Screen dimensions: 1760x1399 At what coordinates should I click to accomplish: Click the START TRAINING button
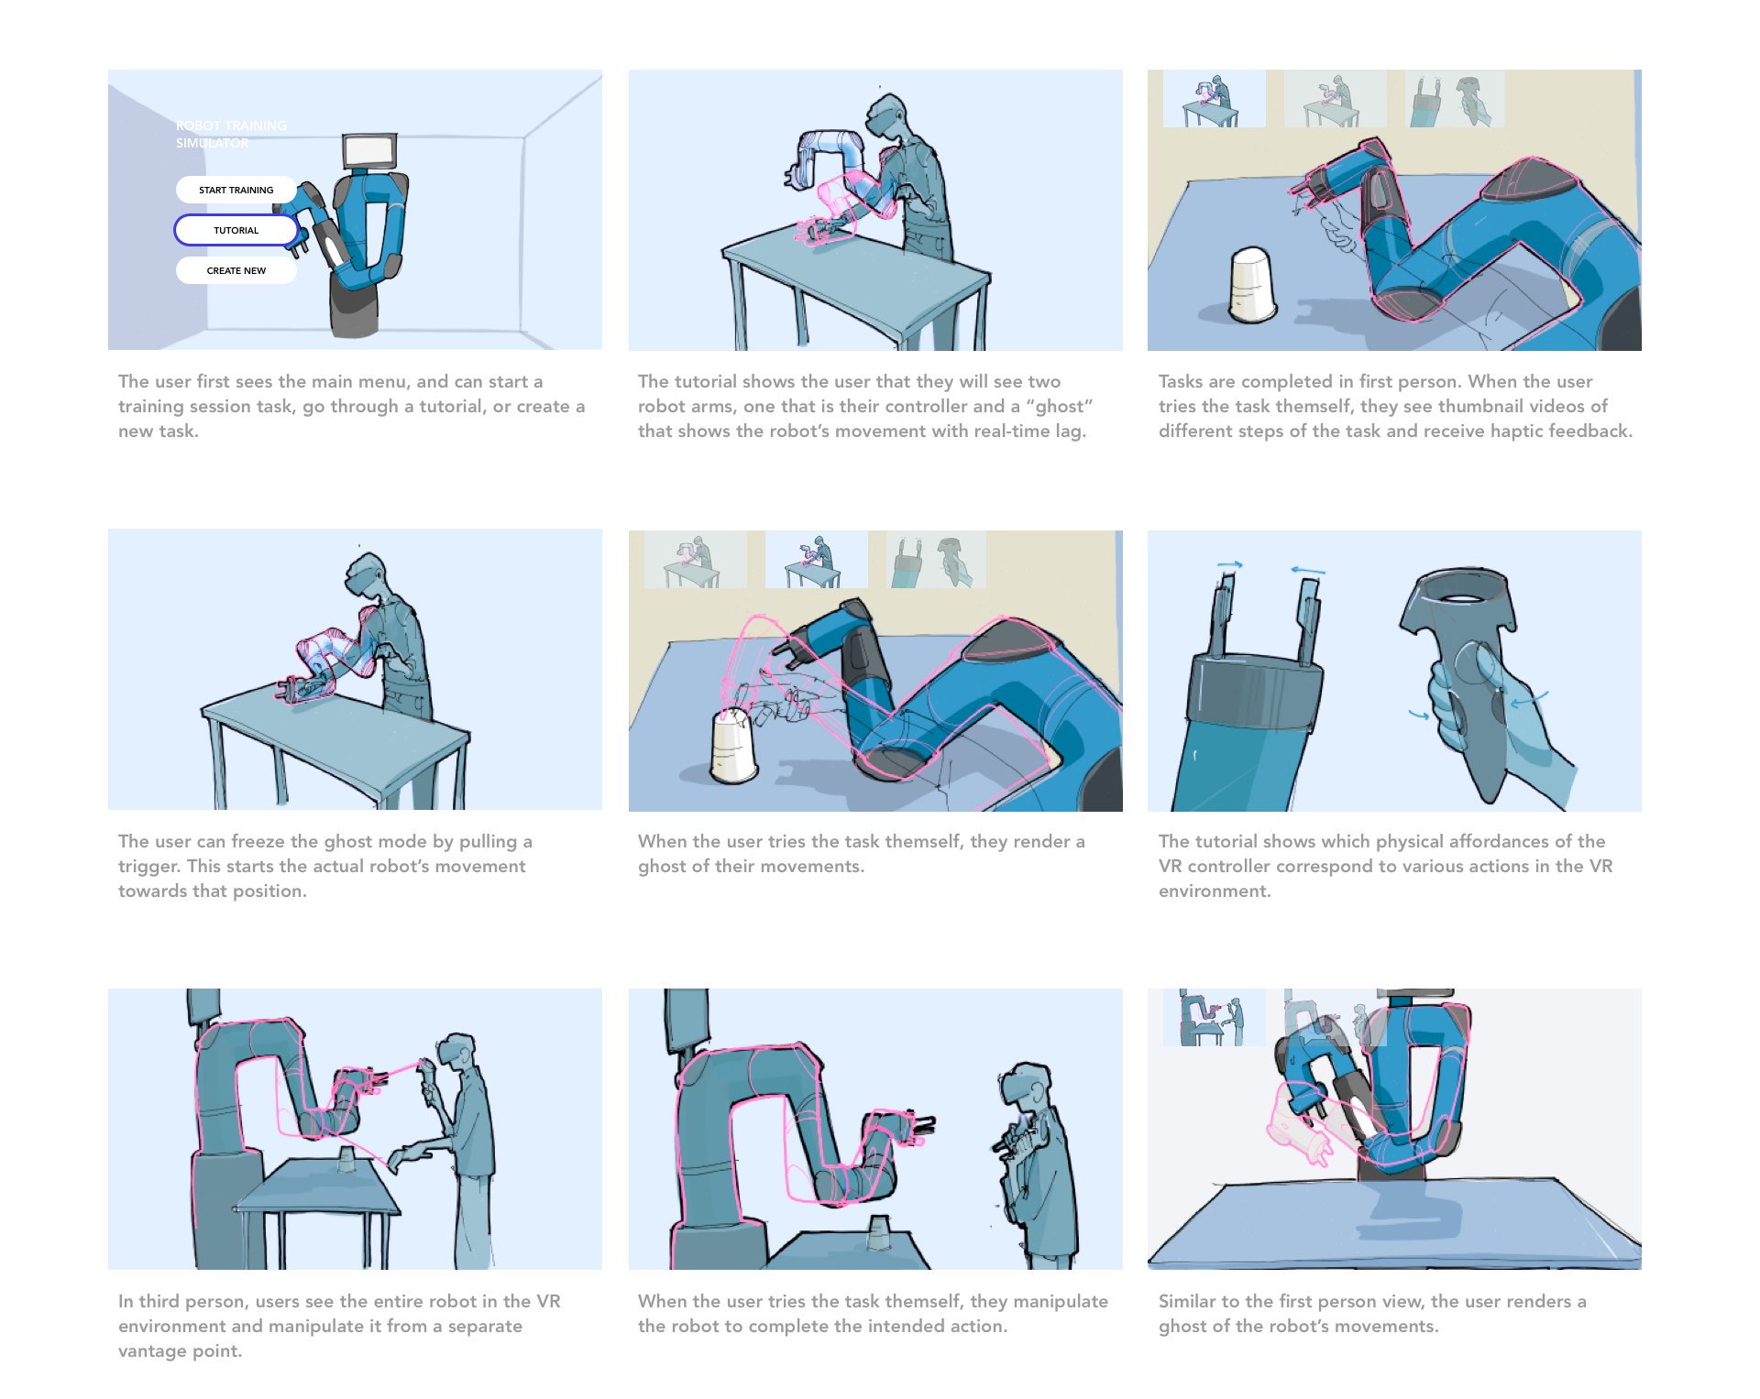coord(236,190)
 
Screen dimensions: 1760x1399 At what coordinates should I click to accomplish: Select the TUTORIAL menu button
coord(236,230)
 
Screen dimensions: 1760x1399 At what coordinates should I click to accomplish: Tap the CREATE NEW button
coord(236,270)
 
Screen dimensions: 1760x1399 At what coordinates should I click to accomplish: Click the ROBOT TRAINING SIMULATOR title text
coord(231,134)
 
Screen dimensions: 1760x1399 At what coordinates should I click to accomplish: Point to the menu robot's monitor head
coord(369,151)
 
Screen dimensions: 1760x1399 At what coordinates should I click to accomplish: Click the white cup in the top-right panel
coord(1252,284)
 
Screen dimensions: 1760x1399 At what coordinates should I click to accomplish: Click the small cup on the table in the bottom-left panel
coord(346,1159)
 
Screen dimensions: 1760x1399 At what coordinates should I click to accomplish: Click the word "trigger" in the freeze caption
coord(148,866)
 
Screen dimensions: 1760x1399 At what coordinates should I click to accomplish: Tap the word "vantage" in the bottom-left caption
coord(151,1350)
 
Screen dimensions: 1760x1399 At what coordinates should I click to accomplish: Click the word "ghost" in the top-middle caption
coord(1061,406)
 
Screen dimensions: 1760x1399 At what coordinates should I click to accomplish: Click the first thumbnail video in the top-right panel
coord(1214,99)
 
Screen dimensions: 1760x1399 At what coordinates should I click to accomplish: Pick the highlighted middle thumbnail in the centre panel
coord(816,559)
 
